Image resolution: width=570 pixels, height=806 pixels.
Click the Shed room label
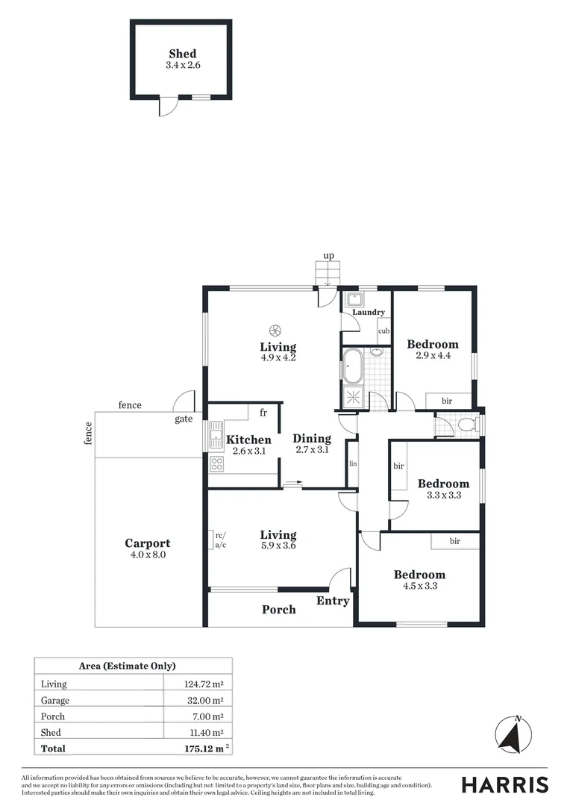coord(183,54)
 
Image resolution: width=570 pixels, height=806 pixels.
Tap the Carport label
coord(148,543)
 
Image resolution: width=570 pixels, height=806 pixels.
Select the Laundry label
coord(369,312)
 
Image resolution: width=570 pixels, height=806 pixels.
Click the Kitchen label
coord(248,440)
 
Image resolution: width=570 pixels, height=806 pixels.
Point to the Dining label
coord(312,438)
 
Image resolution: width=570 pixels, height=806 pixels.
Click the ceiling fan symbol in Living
coord(275,330)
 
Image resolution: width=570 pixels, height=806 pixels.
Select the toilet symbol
coord(467,425)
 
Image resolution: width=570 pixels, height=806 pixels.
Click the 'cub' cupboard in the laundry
coord(384,331)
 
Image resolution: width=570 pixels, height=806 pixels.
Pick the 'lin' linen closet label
coord(352,463)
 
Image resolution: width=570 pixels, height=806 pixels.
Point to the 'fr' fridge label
coord(263,412)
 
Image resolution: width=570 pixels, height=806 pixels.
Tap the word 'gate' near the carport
coord(184,419)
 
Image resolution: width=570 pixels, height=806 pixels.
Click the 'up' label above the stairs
coord(328,256)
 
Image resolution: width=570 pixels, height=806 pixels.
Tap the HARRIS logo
coord(504,784)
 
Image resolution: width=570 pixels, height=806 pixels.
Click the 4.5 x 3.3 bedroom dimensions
coord(420,586)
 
